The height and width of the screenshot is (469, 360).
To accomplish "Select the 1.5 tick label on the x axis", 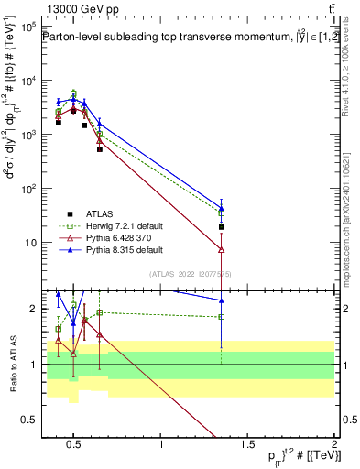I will [x=248, y=446].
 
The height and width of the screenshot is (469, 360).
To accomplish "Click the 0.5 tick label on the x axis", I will [x=74, y=446].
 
